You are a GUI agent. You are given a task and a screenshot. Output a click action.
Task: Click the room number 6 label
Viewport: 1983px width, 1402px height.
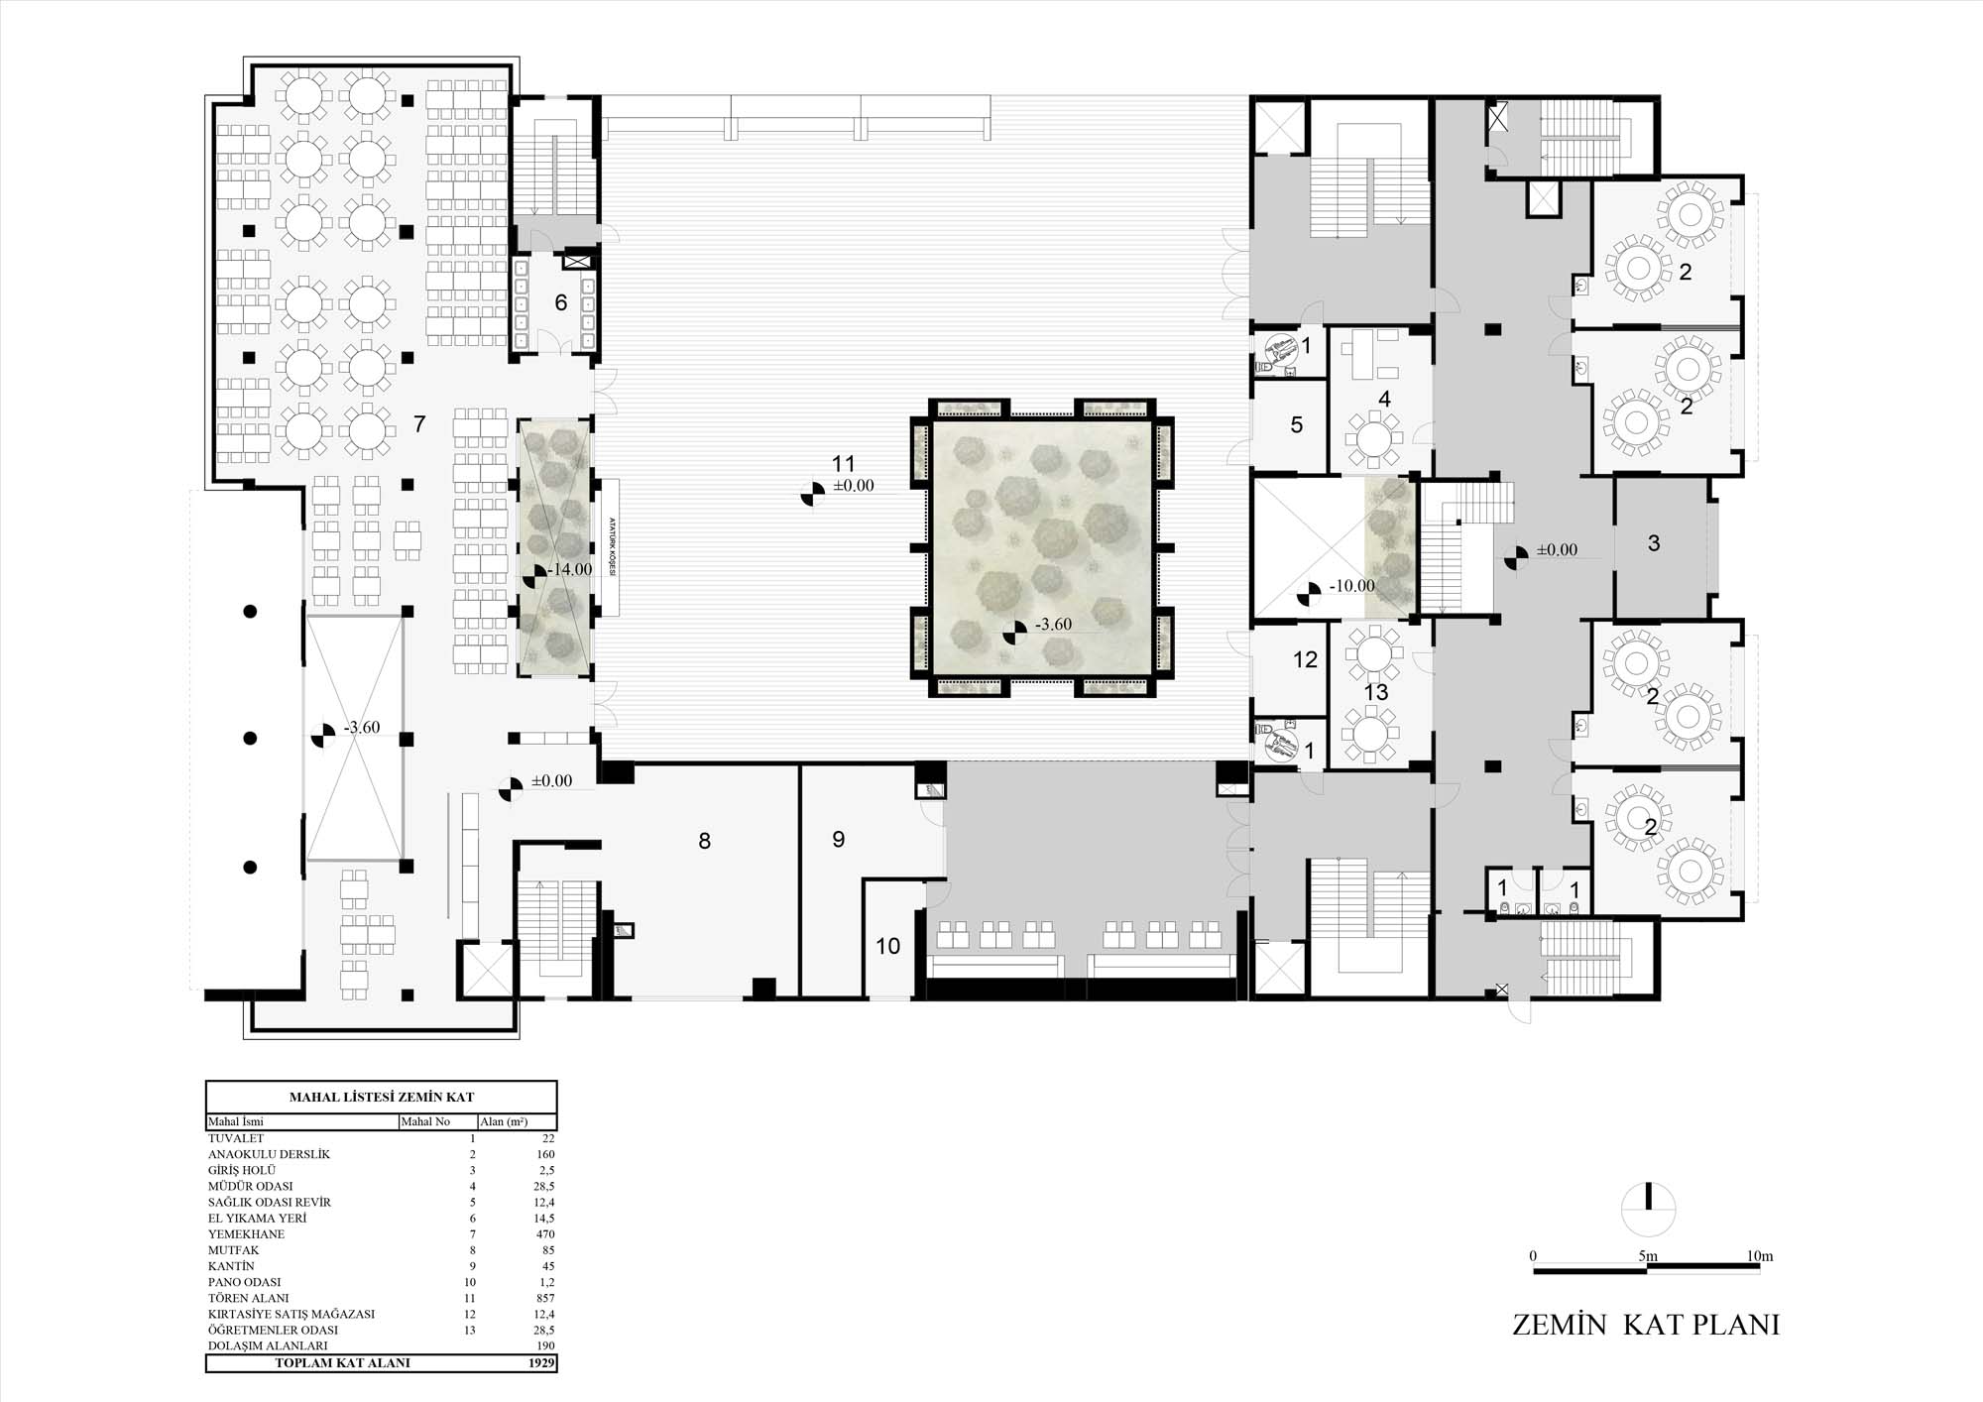pyautogui.click(x=561, y=302)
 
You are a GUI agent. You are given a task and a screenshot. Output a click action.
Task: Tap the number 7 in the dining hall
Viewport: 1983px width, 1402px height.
pyautogui.click(x=419, y=424)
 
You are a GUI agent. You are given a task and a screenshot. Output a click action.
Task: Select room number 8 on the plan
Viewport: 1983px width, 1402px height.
pyautogui.click(x=704, y=842)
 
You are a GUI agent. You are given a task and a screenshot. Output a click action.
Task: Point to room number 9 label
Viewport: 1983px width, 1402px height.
pyautogui.click(x=839, y=840)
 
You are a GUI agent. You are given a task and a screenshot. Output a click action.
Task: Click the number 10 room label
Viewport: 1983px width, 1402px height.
pyautogui.click(x=888, y=946)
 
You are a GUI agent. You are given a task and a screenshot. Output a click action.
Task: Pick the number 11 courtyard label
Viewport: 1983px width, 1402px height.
pyautogui.click(x=844, y=464)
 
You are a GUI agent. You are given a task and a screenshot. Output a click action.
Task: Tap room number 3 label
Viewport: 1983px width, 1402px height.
pyautogui.click(x=1653, y=543)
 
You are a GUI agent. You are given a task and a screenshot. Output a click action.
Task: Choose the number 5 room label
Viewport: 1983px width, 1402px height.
pyautogui.click(x=1296, y=425)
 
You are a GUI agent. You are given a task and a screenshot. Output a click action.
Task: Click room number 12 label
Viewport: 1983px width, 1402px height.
pyautogui.click(x=1305, y=659)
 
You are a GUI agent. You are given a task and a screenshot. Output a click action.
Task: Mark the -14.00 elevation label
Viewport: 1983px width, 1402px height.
pyautogui.click(x=570, y=570)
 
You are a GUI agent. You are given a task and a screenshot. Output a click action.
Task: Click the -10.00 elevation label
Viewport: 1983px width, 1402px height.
pyautogui.click(x=1352, y=586)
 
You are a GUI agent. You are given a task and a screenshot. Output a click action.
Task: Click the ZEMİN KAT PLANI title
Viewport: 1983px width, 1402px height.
pyautogui.click(x=1646, y=1325)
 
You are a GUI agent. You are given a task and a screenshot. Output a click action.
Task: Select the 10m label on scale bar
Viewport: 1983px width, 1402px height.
pyautogui.click(x=1760, y=1256)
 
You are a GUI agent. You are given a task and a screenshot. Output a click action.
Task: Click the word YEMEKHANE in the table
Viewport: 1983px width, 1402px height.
pyautogui.click(x=246, y=1234)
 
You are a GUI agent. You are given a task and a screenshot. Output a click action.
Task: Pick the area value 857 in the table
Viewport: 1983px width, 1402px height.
pyautogui.click(x=544, y=1298)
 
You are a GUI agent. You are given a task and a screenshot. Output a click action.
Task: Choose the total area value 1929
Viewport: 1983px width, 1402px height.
pyautogui.click(x=541, y=1363)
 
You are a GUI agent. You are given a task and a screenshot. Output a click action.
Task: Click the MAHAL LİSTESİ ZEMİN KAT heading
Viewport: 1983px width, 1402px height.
pyautogui.click(x=382, y=1098)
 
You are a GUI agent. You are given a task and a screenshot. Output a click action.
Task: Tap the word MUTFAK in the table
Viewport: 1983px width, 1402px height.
pyautogui.click(x=234, y=1250)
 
